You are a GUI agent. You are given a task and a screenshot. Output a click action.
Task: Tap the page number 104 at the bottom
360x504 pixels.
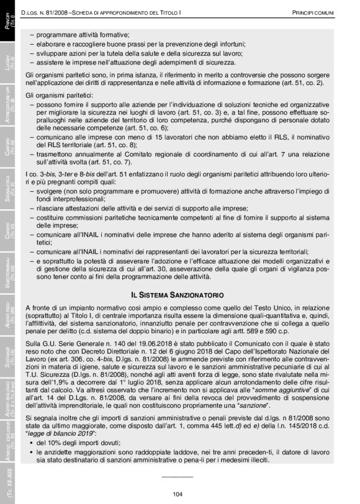pos(177,493)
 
